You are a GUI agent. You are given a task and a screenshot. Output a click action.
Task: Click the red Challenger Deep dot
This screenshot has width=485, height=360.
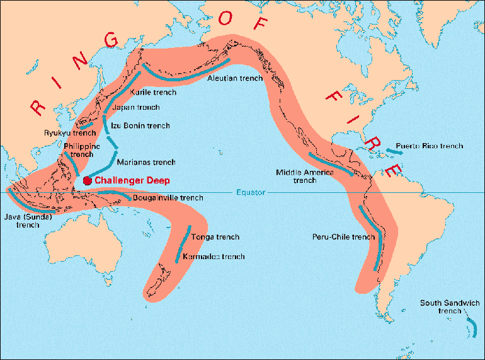pyautogui.click(x=87, y=180)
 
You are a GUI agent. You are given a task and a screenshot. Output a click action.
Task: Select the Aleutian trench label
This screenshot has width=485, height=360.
pyautogui.click(x=235, y=79)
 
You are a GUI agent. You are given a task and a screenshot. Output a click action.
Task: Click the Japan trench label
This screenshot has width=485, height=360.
pyautogui.click(x=136, y=108)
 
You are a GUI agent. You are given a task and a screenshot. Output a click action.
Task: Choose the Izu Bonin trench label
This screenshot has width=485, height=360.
pyautogui.click(x=140, y=125)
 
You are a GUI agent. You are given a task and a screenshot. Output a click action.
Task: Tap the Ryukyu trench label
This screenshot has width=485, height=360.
pyautogui.click(x=69, y=132)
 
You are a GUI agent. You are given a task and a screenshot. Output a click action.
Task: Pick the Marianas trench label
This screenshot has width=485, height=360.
pyautogui.click(x=146, y=162)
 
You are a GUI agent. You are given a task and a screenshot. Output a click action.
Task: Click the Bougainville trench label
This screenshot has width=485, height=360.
pyautogui.click(x=168, y=197)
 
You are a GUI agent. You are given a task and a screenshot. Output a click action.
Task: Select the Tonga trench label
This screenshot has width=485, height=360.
pyautogui.click(x=215, y=237)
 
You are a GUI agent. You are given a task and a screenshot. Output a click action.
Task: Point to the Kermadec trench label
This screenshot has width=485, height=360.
pyautogui.click(x=213, y=257)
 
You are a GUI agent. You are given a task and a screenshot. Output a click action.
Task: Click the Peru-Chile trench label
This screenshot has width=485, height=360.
pyautogui.click(x=343, y=237)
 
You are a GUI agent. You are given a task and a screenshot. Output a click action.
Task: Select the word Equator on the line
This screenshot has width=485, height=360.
pyautogui.click(x=251, y=192)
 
